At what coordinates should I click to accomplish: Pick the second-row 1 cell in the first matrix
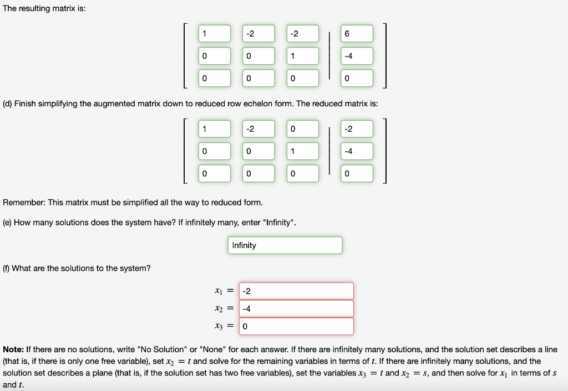[x=303, y=56]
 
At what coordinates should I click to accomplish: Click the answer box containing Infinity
[x=285, y=245]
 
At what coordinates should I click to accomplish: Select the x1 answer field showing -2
[x=296, y=291]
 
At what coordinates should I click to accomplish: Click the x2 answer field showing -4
[x=296, y=308]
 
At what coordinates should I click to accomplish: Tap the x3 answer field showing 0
[x=296, y=326]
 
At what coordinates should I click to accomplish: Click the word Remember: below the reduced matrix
[x=25, y=202]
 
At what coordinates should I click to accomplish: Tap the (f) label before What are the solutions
[x=7, y=268]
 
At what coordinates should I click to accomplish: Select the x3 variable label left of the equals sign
[x=218, y=326]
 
